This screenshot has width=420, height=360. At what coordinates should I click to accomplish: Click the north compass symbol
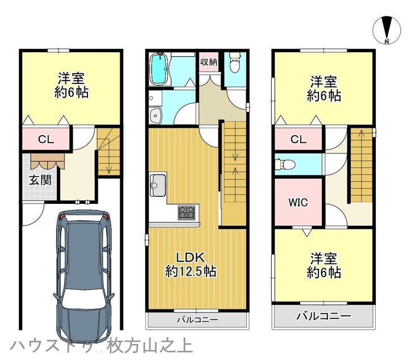tap(387, 30)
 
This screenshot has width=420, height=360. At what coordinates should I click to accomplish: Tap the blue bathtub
tap(159, 69)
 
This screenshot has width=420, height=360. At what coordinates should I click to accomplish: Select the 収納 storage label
tap(209, 62)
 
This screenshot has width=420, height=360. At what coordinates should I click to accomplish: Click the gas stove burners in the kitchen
tap(187, 212)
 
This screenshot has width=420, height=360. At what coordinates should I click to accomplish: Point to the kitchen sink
tap(158, 185)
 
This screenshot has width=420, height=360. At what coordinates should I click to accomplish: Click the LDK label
tap(191, 257)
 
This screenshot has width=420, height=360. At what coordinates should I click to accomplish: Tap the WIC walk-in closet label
tap(298, 202)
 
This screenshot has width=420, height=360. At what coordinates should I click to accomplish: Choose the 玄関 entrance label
tap(40, 180)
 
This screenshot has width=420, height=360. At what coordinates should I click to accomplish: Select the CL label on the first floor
tap(46, 139)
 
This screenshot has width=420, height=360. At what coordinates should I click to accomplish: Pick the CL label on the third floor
tap(299, 139)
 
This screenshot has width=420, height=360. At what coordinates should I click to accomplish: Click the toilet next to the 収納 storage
tap(235, 62)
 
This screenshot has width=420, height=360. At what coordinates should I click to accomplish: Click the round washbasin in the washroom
tap(155, 115)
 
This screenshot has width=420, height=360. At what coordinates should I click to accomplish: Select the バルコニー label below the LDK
tap(198, 320)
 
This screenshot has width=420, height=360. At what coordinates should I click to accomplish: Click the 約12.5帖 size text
tap(191, 271)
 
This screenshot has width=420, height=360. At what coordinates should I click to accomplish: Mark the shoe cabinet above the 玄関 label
tap(48, 161)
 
